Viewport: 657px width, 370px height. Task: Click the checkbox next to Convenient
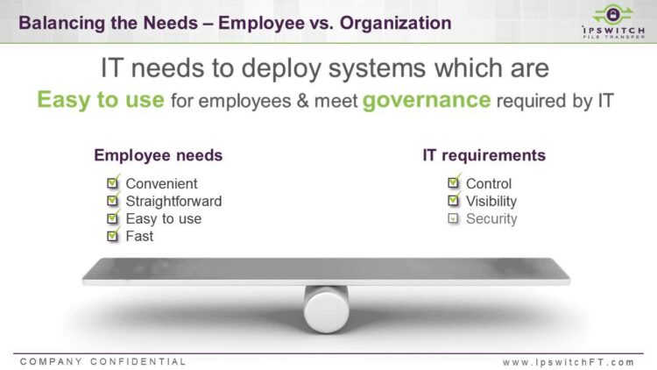click(x=113, y=182)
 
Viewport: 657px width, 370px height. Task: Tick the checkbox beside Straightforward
click(x=113, y=200)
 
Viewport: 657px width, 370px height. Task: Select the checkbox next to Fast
click(x=113, y=235)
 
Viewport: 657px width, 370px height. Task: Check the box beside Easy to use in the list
click(x=113, y=217)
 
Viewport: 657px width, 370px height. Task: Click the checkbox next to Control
click(x=454, y=182)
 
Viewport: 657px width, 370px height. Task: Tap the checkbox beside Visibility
click(x=454, y=200)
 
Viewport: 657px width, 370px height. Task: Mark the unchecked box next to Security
click(x=453, y=218)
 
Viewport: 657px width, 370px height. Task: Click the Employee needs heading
click(x=158, y=155)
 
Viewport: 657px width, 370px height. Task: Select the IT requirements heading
click(x=484, y=155)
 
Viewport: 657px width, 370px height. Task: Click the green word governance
click(x=427, y=100)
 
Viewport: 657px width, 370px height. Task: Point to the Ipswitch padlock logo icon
click(x=612, y=15)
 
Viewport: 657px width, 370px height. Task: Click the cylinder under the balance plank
click(x=327, y=310)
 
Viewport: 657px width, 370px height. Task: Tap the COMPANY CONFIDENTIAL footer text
click(x=102, y=361)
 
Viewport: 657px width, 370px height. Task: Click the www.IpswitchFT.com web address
click(x=569, y=362)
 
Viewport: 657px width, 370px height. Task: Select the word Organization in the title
click(x=396, y=23)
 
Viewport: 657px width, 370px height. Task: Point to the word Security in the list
click(x=491, y=218)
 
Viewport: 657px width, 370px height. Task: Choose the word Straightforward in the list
click(x=174, y=202)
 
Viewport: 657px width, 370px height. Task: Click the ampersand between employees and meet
click(x=302, y=101)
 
